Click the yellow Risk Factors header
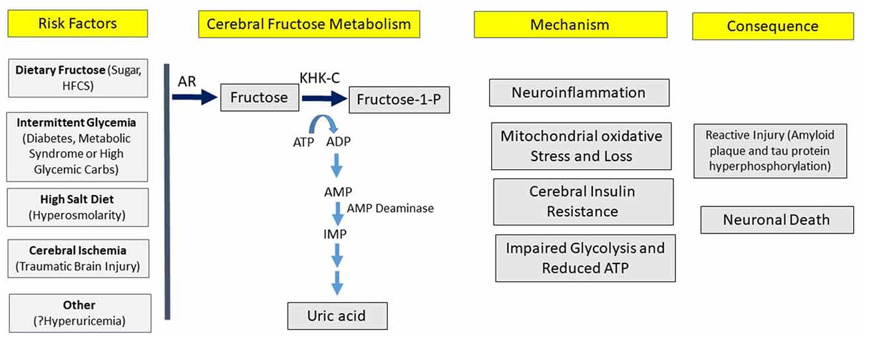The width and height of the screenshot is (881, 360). coord(77,24)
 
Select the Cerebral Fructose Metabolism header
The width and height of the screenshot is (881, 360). coord(309,25)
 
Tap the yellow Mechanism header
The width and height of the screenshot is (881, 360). coord(570,25)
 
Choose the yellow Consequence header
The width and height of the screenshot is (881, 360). coord(773,27)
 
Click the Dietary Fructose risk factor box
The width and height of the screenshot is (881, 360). coord(79,78)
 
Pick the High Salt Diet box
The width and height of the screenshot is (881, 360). coord(77,207)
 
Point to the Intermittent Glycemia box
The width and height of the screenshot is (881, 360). coord(77,146)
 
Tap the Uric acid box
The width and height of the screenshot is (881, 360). coord(337,315)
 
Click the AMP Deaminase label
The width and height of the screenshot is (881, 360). coord(390,208)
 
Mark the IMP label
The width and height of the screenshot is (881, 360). coord(335,234)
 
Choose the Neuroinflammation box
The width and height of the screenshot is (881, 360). coord(578,92)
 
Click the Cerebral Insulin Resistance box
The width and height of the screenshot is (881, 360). coord(582,201)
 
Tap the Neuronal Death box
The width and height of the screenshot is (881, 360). coord(777,220)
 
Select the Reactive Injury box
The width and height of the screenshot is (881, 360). coord(770,150)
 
